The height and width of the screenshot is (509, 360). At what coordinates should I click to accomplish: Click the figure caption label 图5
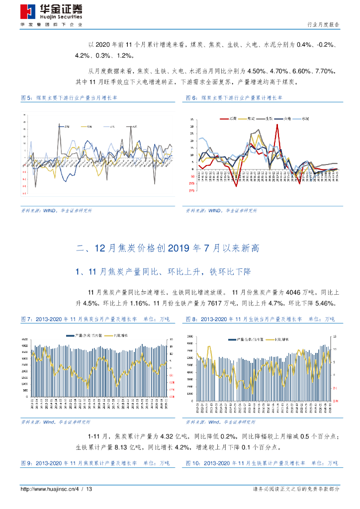tap(26, 98)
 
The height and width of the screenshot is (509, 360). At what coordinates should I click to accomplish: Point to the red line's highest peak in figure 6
tap(277, 125)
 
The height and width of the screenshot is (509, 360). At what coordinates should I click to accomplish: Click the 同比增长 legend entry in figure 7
tap(124, 336)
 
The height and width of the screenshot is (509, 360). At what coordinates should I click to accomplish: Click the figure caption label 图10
tap(193, 463)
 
